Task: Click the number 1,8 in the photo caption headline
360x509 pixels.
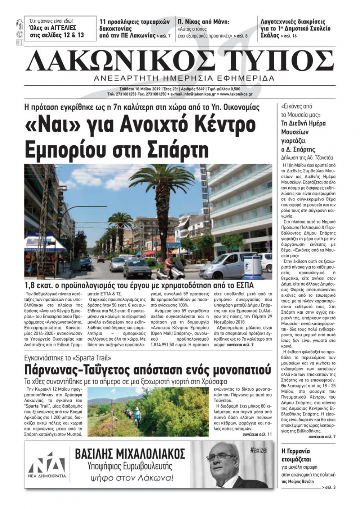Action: click(x=31, y=286)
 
